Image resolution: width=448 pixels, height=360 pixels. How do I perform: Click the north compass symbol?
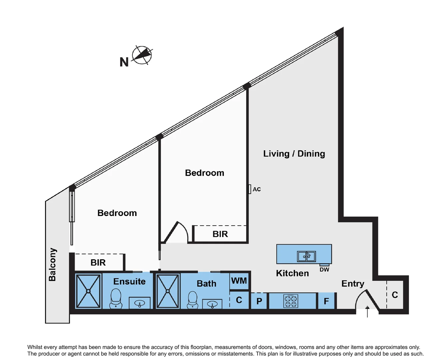(x=142, y=55)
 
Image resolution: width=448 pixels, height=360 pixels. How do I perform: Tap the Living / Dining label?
(x=294, y=154)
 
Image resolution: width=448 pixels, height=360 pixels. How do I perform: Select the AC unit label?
(x=256, y=189)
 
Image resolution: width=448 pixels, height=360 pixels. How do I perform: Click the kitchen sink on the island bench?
(x=306, y=256)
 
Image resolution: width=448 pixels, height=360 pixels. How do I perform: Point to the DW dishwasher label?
(x=324, y=269)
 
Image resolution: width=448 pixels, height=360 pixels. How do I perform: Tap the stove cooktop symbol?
(x=290, y=301)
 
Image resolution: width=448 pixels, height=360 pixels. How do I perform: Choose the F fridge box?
(x=326, y=301)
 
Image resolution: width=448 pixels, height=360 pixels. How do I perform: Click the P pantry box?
(x=259, y=301)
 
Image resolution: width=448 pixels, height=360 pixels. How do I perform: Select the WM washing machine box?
(x=239, y=281)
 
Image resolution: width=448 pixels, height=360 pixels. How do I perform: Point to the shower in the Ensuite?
(x=88, y=291)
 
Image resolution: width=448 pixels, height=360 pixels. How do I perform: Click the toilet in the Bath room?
(x=193, y=300)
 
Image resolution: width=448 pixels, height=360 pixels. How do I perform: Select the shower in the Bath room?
(x=168, y=291)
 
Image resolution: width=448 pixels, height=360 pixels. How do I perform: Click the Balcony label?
(x=52, y=264)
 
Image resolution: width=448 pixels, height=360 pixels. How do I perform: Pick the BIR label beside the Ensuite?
(x=98, y=263)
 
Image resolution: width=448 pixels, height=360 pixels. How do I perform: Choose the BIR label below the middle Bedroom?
(x=220, y=234)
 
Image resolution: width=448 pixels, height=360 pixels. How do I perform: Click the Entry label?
(x=353, y=284)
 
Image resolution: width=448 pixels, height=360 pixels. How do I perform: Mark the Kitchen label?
(x=292, y=273)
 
